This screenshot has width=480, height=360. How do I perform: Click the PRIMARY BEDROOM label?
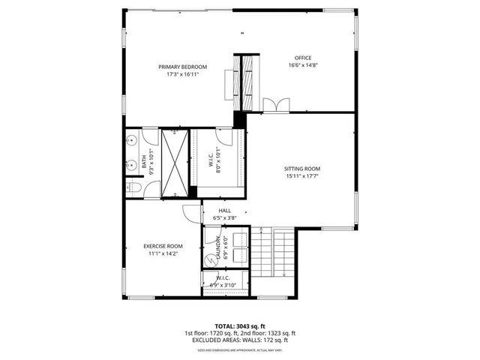(x=182, y=67)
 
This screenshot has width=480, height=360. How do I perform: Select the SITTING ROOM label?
(x=302, y=169)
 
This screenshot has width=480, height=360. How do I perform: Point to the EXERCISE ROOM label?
(x=163, y=246)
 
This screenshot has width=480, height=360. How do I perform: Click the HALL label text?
(x=225, y=211)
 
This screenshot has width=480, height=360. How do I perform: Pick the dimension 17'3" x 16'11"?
(x=182, y=74)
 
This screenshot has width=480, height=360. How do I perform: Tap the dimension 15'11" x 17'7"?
(x=302, y=177)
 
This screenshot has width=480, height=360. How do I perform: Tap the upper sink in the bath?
(x=131, y=139)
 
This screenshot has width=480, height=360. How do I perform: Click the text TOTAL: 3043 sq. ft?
(x=239, y=326)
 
